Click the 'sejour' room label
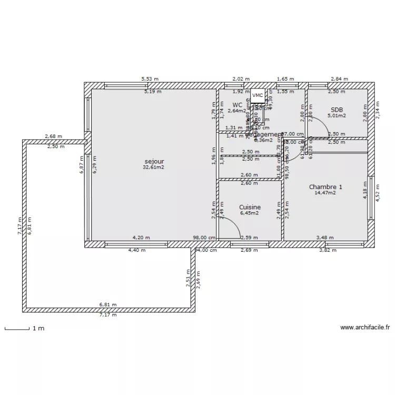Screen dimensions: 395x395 153,161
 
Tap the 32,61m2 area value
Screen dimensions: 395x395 153,167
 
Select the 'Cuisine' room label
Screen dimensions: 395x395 250,208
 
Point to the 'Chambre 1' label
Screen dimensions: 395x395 325,187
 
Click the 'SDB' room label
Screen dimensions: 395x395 337,110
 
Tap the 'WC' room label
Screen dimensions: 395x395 237,105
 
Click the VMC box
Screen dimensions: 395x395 258,95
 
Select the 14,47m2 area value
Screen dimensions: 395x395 325,193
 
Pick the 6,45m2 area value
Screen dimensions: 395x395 250,213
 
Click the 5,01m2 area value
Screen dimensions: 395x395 337,116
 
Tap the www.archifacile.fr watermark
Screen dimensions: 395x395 364,328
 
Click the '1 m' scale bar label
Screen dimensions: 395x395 38,329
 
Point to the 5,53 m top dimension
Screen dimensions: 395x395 149,79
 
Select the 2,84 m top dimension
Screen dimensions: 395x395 339,79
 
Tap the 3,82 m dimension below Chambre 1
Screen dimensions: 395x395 328,250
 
